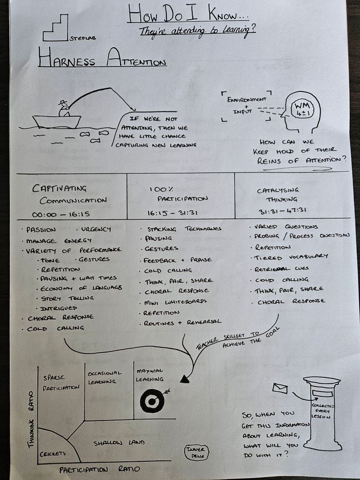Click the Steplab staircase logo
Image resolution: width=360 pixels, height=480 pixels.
click(56, 29)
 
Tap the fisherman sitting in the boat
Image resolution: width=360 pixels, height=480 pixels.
click(63, 109)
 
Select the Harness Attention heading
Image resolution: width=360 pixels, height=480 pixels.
click(102, 61)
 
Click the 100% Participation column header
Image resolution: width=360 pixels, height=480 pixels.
click(178, 194)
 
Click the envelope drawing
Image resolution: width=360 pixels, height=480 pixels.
click(280, 388)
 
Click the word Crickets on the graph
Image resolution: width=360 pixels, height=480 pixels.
click(53, 453)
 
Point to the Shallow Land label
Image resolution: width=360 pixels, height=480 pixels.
click(119, 442)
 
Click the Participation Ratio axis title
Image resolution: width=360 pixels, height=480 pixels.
click(99, 469)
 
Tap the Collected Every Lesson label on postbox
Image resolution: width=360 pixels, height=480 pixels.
click(322, 411)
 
